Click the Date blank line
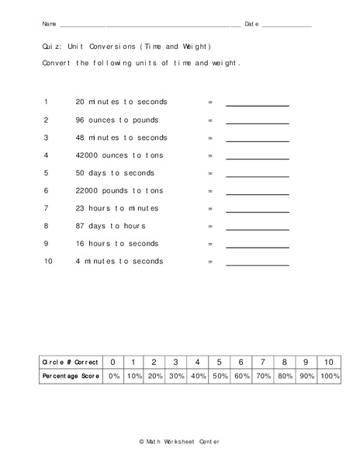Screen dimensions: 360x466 [x=286, y=26]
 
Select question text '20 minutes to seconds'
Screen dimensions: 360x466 [x=121, y=102]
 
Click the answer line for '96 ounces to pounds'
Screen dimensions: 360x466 [x=257, y=122]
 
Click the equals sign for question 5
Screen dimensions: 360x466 [x=209, y=173]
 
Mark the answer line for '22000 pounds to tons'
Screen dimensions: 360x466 [x=257, y=193]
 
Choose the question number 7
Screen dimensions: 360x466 [x=46, y=208]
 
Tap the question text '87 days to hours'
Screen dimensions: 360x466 [x=111, y=226]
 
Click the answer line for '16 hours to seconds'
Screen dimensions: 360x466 [x=257, y=246]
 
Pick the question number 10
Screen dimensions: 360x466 [x=47, y=262]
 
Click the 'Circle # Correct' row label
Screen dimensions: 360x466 [x=71, y=362]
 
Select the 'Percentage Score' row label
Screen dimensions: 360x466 [x=71, y=376]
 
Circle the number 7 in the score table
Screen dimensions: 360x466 [x=263, y=362]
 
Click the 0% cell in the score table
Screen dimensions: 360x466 [x=113, y=376]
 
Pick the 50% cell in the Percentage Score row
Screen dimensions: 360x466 [x=220, y=376]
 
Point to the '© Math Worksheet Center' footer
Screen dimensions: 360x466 [x=179, y=442]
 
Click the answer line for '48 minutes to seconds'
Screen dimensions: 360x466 [x=257, y=140]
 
